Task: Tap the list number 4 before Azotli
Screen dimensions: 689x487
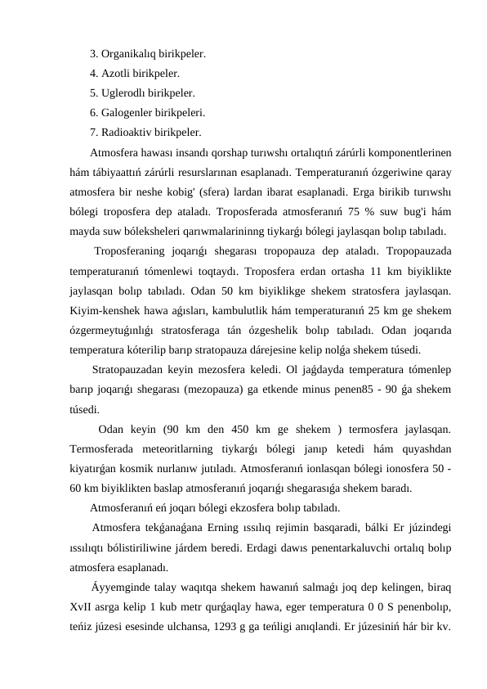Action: point(93,74)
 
